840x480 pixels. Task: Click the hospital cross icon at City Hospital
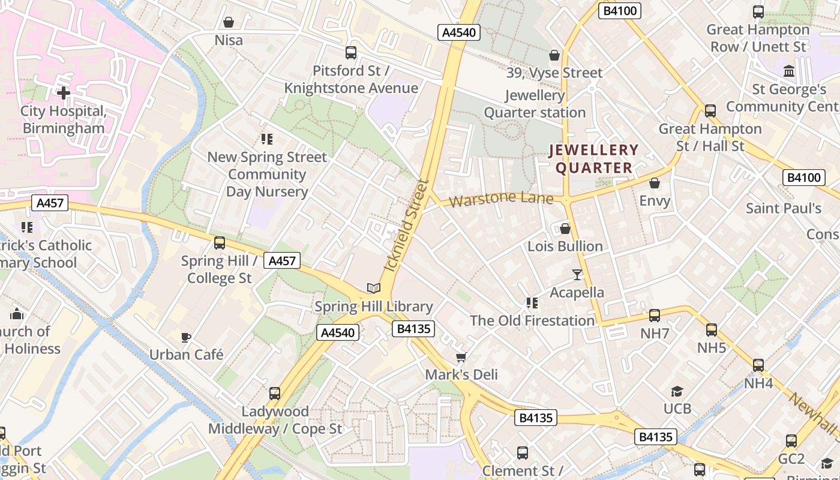63,92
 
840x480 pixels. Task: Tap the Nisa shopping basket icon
228,22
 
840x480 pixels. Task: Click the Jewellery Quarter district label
593,158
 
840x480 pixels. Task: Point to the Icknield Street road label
407,225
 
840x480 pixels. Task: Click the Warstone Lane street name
501,199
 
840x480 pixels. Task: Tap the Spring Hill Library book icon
374,288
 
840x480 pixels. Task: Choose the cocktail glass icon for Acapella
577,274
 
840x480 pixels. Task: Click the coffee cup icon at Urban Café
186,337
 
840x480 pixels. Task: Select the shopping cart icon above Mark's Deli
461,358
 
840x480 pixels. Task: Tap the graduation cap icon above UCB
677,391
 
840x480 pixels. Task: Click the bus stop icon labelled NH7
654,315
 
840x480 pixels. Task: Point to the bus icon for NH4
758,365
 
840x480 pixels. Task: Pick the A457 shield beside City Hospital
50,203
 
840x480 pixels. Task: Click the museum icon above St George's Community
789,71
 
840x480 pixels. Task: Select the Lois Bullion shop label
565,246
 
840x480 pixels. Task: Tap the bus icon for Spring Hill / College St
220,243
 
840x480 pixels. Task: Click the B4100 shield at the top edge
620,10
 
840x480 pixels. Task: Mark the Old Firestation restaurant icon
532,303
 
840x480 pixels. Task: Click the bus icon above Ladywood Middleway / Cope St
275,394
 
